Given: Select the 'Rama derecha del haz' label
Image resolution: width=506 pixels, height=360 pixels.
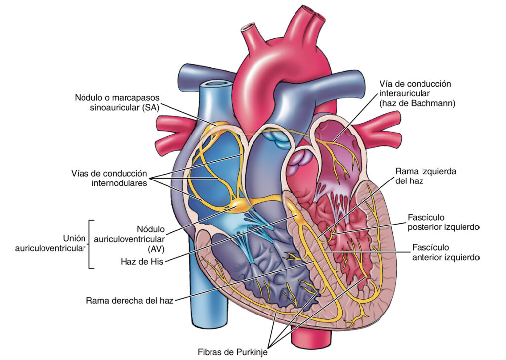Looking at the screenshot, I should [130, 300].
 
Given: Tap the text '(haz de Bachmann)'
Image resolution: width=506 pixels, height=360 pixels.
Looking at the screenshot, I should [417, 103].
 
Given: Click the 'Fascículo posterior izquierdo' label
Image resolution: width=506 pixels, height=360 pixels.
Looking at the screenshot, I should [443, 223].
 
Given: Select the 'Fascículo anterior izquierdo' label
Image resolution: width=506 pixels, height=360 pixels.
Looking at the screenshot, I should [443, 252].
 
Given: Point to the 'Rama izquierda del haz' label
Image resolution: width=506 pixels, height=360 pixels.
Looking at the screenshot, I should [425, 177].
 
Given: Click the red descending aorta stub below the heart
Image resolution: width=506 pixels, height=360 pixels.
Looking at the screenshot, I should [306, 339].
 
